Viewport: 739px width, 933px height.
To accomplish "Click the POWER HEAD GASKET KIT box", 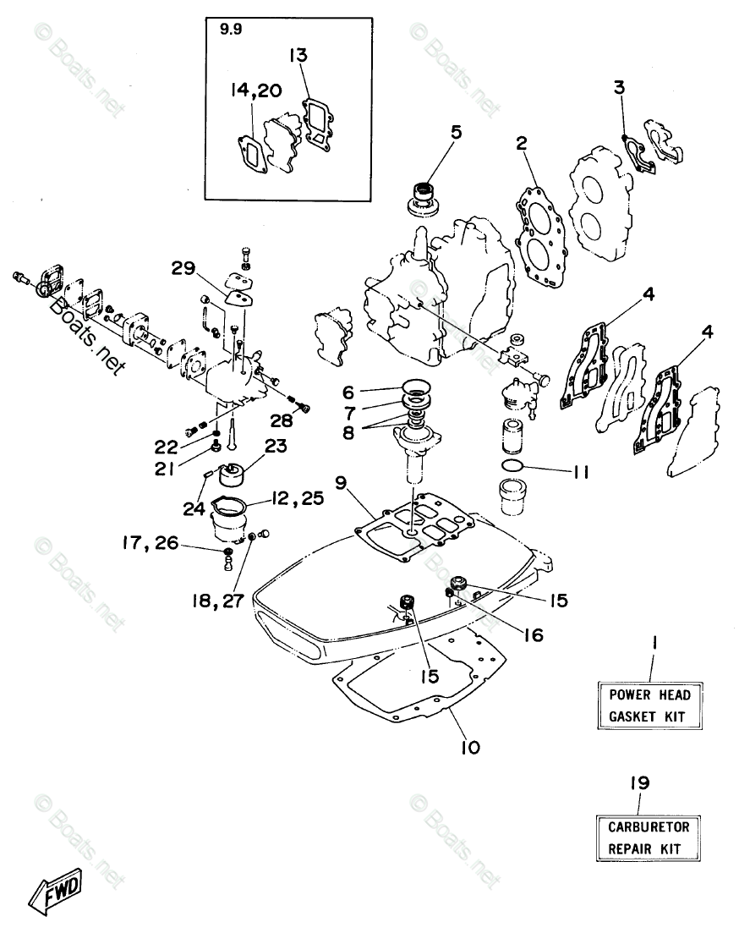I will (x=650, y=705).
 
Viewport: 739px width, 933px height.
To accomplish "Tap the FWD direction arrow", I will (x=55, y=890).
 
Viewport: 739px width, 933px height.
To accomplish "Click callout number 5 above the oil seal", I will (x=456, y=132).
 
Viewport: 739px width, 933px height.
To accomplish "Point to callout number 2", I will (x=523, y=145).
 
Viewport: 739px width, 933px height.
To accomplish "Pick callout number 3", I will (x=619, y=87).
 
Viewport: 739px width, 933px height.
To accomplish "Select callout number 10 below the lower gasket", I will (x=470, y=747).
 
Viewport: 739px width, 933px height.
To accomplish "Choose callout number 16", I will (x=532, y=633).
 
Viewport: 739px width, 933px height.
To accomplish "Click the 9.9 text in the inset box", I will (x=228, y=30).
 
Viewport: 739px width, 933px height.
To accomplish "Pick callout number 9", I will (x=339, y=483).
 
